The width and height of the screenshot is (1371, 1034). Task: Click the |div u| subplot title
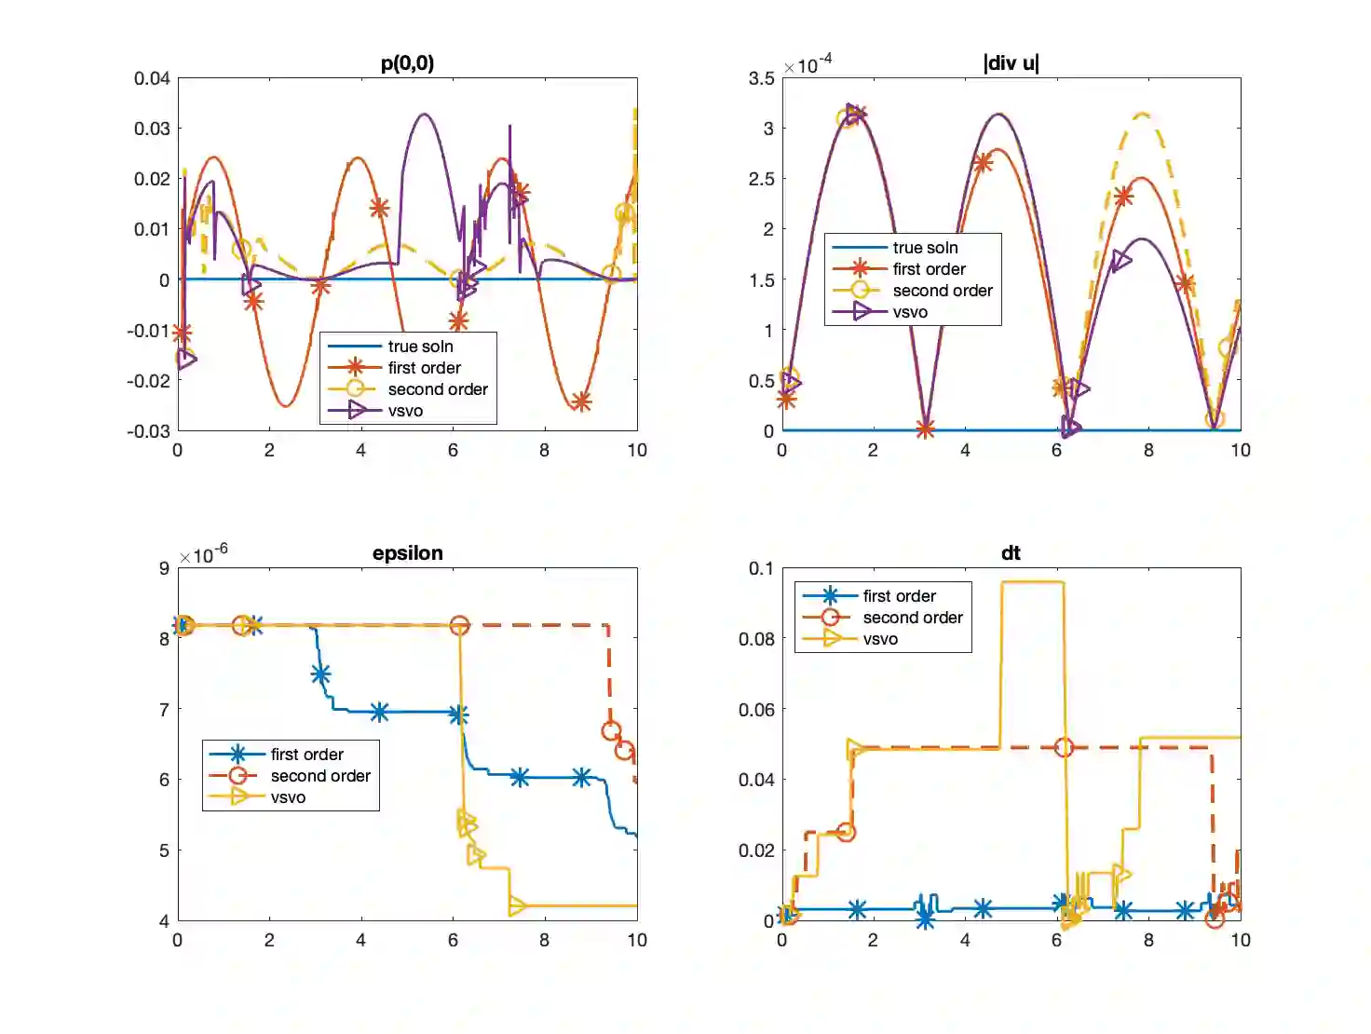pyautogui.click(x=1011, y=63)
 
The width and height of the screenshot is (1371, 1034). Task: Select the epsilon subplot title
pyautogui.click(x=407, y=553)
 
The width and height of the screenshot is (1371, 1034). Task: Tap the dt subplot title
pyautogui.click(x=1011, y=553)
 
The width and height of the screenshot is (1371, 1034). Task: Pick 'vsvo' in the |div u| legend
pyautogui.click(x=910, y=312)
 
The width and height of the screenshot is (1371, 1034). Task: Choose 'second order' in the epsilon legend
pyautogui.click(x=320, y=776)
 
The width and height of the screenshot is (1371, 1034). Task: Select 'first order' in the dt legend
pyautogui.click(x=899, y=596)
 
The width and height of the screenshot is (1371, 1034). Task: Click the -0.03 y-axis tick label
pyautogui.click(x=149, y=431)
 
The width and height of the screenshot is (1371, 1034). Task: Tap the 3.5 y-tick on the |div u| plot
pyautogui.click(x=761, y=78)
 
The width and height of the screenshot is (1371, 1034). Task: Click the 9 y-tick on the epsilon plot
pyautogui.click(x=164, y=568)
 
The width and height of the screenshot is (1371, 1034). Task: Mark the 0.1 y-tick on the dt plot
pyautogui.click(x=761, y=568)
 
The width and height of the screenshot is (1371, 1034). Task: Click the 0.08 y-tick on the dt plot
pyautogui.click(x=756, y=639)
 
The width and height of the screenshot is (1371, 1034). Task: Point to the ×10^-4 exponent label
pyautogui.click(x=808, y=65)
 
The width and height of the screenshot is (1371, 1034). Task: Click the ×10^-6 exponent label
pyautogui.click(x=203, y=555)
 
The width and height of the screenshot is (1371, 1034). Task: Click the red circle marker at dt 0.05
pyautogui.click(x=1064, y=747)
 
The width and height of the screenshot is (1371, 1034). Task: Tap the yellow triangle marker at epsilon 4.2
pyautogui.click(x=517, y=905)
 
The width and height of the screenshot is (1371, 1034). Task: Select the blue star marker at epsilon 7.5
pyautogui.click(x=320, y=674)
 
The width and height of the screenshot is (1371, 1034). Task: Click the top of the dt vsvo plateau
pyautogui.click(x=1032, y=583)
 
